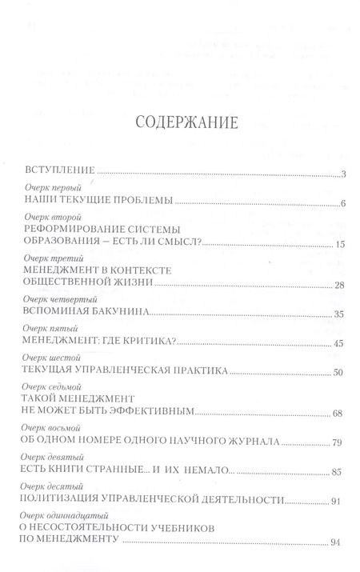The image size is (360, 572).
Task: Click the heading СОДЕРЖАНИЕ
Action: click(180, 125)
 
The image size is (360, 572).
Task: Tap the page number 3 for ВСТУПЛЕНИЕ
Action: click(342, 174)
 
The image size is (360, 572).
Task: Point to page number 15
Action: click(339, 244)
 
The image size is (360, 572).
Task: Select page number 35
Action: click(339, 315)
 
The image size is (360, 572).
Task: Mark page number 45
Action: click(339, 345)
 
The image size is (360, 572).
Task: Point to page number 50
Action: click(339, 374)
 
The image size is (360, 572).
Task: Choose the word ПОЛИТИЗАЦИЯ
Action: click(69, 500)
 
